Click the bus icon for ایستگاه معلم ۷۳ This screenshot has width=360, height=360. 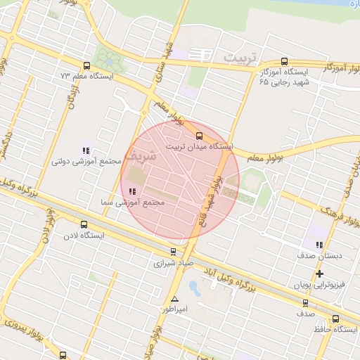86,64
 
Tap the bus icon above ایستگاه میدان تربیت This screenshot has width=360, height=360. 199,136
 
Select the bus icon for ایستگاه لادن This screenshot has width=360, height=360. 84,225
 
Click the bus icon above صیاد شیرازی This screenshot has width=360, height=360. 174,252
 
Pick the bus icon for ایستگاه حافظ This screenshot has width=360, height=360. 335,319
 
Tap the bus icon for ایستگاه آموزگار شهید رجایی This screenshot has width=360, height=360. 284,61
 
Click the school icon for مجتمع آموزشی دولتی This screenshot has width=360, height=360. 86,150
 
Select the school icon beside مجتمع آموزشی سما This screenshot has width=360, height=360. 132,191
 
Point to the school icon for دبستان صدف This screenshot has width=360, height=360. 320,245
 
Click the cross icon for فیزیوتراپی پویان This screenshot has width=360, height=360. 320,274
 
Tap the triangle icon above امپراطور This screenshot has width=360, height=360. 174,299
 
